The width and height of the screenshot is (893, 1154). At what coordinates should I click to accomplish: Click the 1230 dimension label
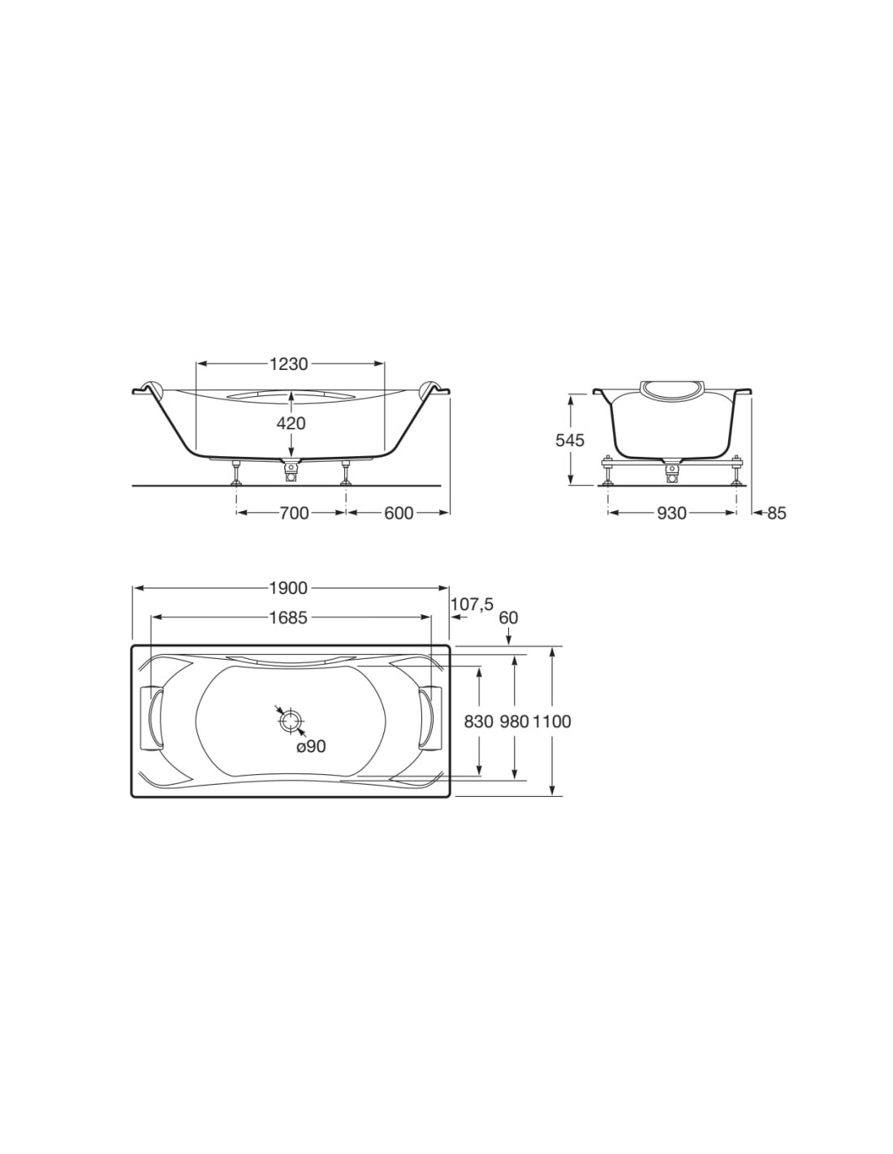(x=288, y=364)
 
